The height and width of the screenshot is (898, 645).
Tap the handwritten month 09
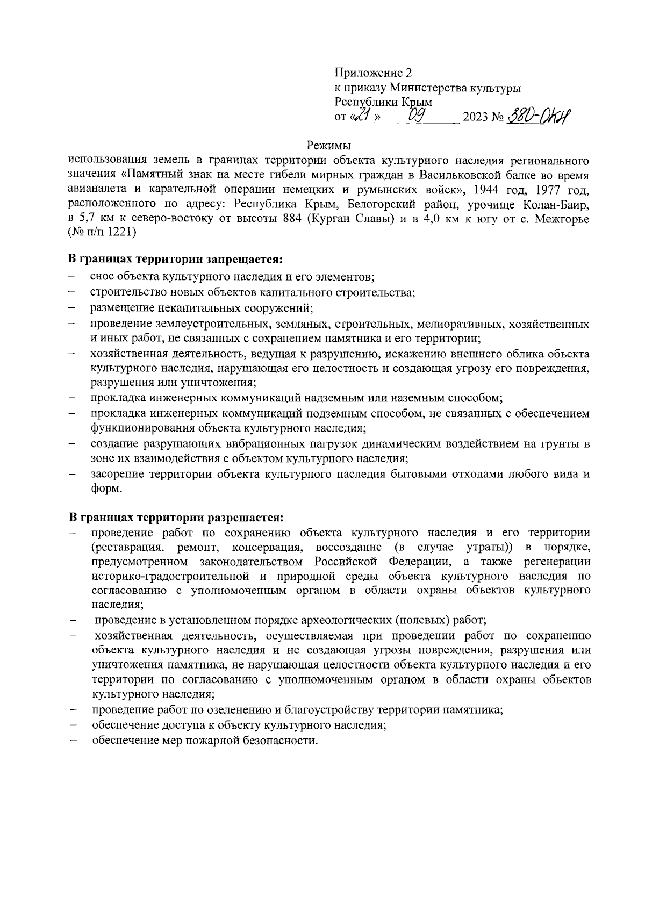point(417,114)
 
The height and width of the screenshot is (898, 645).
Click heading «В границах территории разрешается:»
point(175,518)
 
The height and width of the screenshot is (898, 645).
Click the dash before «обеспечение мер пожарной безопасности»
point(72,741)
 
